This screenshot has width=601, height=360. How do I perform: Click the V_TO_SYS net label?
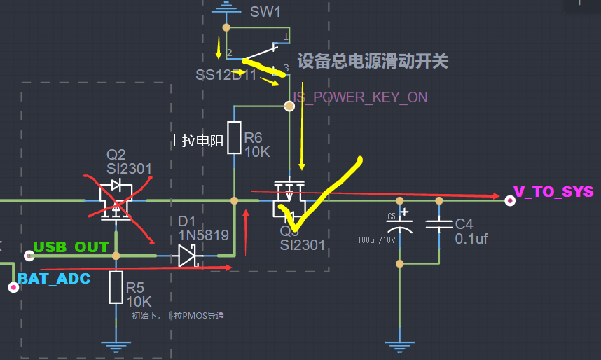(x=553, y=191)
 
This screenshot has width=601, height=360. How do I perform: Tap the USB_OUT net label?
(x=71, y=247)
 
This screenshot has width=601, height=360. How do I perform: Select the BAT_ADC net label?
(x=54, y=279)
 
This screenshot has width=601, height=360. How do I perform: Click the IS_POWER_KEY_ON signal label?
(x=360, y=97)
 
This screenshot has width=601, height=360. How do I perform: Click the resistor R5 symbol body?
(x=116, y=288)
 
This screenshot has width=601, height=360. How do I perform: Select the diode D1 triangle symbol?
(x=187, y=256)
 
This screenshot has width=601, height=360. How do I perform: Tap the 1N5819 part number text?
(x=203, y=236)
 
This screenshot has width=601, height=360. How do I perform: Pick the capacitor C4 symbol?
(x=439, y=225)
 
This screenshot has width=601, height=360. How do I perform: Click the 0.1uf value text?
(x=471, y=240)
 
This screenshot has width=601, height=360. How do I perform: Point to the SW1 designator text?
(x=265, y=13)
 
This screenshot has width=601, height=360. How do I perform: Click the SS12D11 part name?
(x=226, y=74)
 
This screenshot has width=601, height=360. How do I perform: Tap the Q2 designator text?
(x=116, y=155)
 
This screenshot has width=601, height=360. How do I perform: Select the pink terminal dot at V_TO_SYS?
(x=510, y=200)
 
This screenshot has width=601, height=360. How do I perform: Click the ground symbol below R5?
(x=116, y=345)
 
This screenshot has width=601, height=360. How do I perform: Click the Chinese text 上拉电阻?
(x=195, y=141)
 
